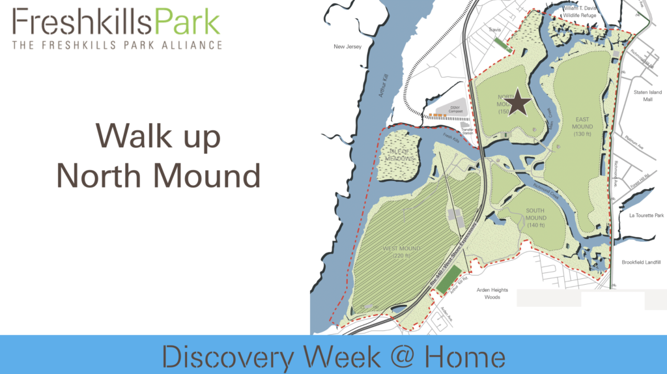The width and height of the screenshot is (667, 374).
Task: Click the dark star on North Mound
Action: (x=518, y=102)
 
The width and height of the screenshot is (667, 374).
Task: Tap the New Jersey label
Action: (x=347, y=47)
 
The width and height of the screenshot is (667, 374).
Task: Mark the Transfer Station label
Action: (x=466, y=132)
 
